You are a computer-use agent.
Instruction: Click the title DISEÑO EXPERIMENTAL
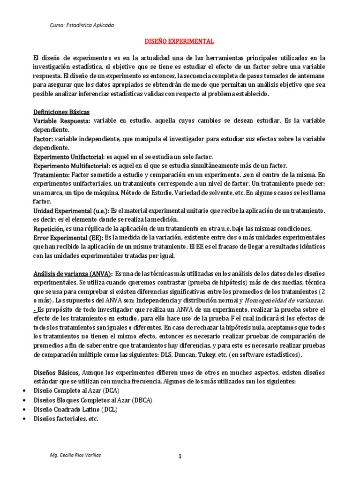pyautogui.click(x=180, y=42)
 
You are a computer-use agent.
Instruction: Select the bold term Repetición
pyautogui.click(x=48, y=228)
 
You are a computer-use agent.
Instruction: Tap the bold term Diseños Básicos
pyautogui.click(x=56, y=373)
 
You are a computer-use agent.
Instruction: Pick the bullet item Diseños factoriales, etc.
pyautogui.click(x=66, y=418)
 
